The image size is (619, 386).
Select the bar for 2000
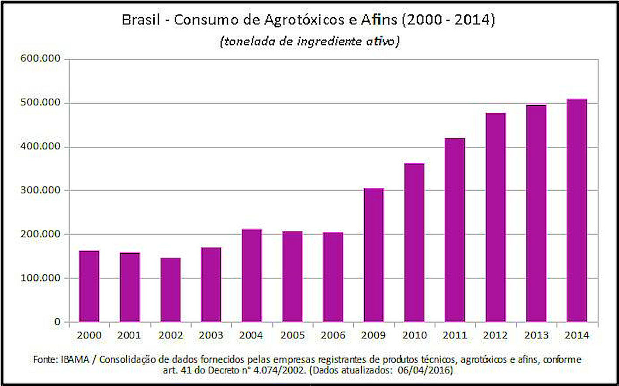[x=89, y=286]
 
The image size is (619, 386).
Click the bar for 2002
[x=170, y=290]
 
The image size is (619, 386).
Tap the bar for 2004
[x=252, y=276]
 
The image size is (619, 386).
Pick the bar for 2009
[x=374, y=255]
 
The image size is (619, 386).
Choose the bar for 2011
[x=455, y=230]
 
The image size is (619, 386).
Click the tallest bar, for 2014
[x=577, y=210]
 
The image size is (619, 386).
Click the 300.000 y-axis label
[x=40, y=190]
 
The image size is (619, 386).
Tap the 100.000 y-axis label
[x=40, y=278]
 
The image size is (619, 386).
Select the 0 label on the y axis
[x=58, y=322]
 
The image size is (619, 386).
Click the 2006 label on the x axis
[x=333, y=335]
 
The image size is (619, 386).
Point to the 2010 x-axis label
[x=415, y=335]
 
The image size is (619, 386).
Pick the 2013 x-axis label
[x=536, y=335]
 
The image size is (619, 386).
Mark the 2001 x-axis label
[x=129, y=335]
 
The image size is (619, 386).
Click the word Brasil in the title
[x=141, y=20]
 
